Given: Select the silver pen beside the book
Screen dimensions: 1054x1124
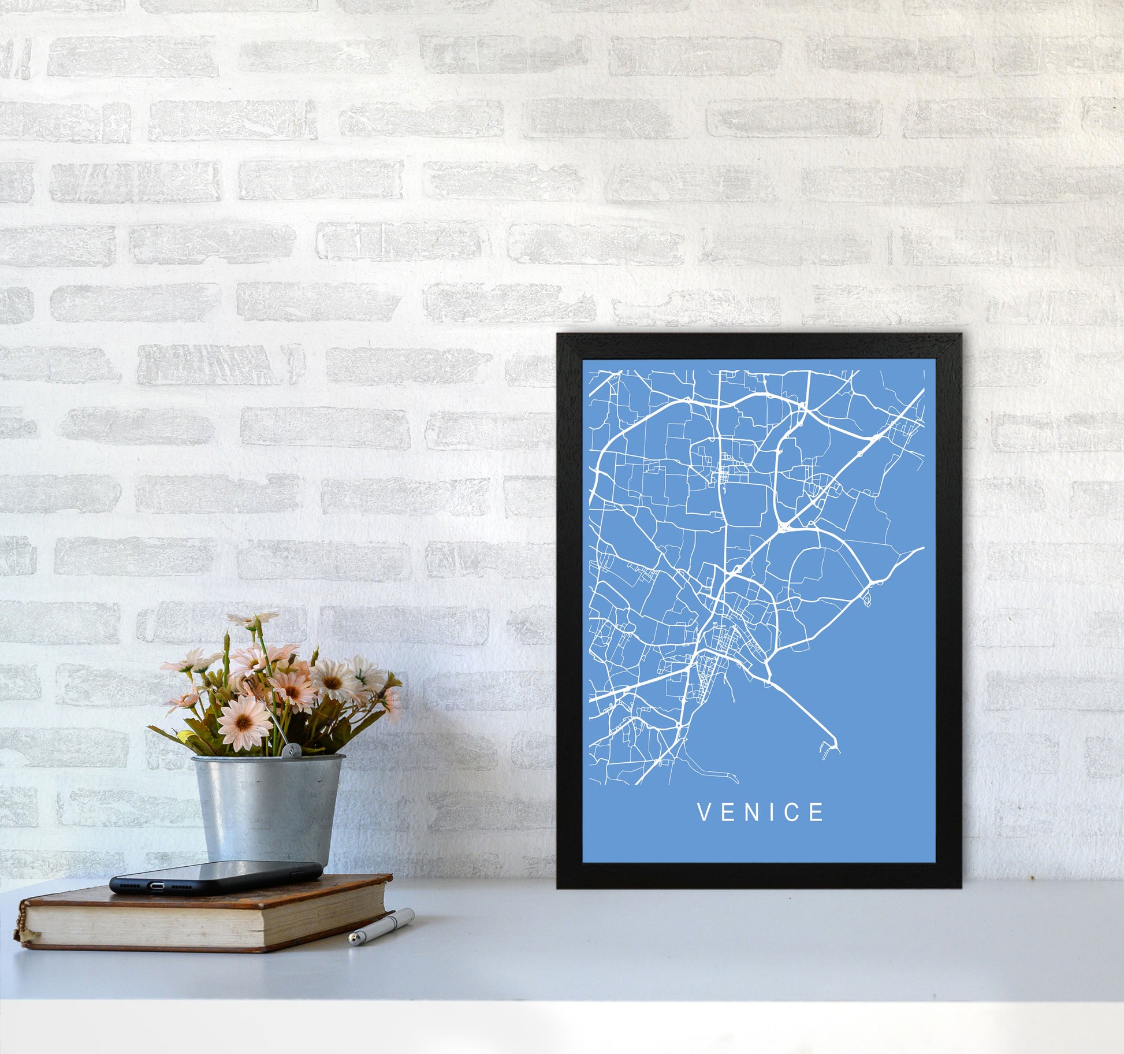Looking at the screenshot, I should click(381, 926).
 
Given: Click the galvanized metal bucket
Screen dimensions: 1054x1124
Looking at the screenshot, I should click(268, 809).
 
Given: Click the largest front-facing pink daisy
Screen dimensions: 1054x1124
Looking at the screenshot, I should click(244, 722).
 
